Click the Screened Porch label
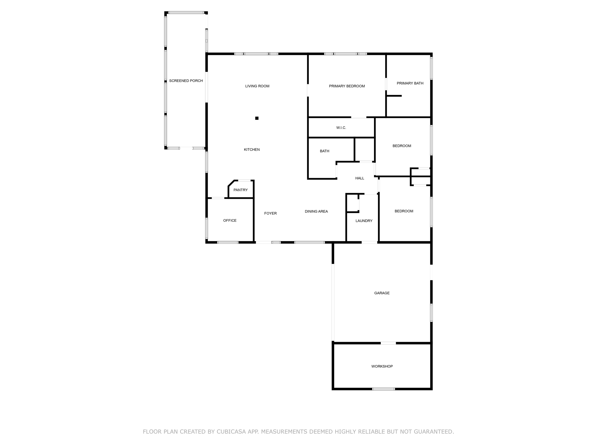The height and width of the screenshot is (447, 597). click(x=186, y=81)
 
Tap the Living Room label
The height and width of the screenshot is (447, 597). click(x=257, y=86)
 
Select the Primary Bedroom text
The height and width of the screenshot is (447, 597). click(x=347, y=86)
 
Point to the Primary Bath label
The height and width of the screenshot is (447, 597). click(x=410, y=83)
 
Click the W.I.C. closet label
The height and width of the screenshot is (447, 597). click(x=341, y=128)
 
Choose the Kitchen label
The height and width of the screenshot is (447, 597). click(x=252, y=150)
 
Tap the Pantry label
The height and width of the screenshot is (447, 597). click(x=240, y=190)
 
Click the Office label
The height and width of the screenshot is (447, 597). click(x=230, y=221)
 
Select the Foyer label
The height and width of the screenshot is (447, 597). click(x=270, y=213)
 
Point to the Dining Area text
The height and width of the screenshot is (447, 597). click(x=316, y=212)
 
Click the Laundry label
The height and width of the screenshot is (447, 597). click(x=364, y=221)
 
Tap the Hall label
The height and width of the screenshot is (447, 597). click(x=359, y=178)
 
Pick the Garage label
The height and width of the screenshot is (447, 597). click(x=382, y=293)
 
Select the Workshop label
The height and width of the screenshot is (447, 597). click(x=382, y=366)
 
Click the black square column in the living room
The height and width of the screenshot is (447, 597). click(x=257, y=118)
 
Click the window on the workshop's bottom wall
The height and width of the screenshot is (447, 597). click(x=383, y=389)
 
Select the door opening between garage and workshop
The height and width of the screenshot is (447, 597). click(x=388, y=343)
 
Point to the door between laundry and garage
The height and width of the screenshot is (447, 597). click(x=369, y=242)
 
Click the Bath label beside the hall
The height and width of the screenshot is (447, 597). click(x=324, y=151)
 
